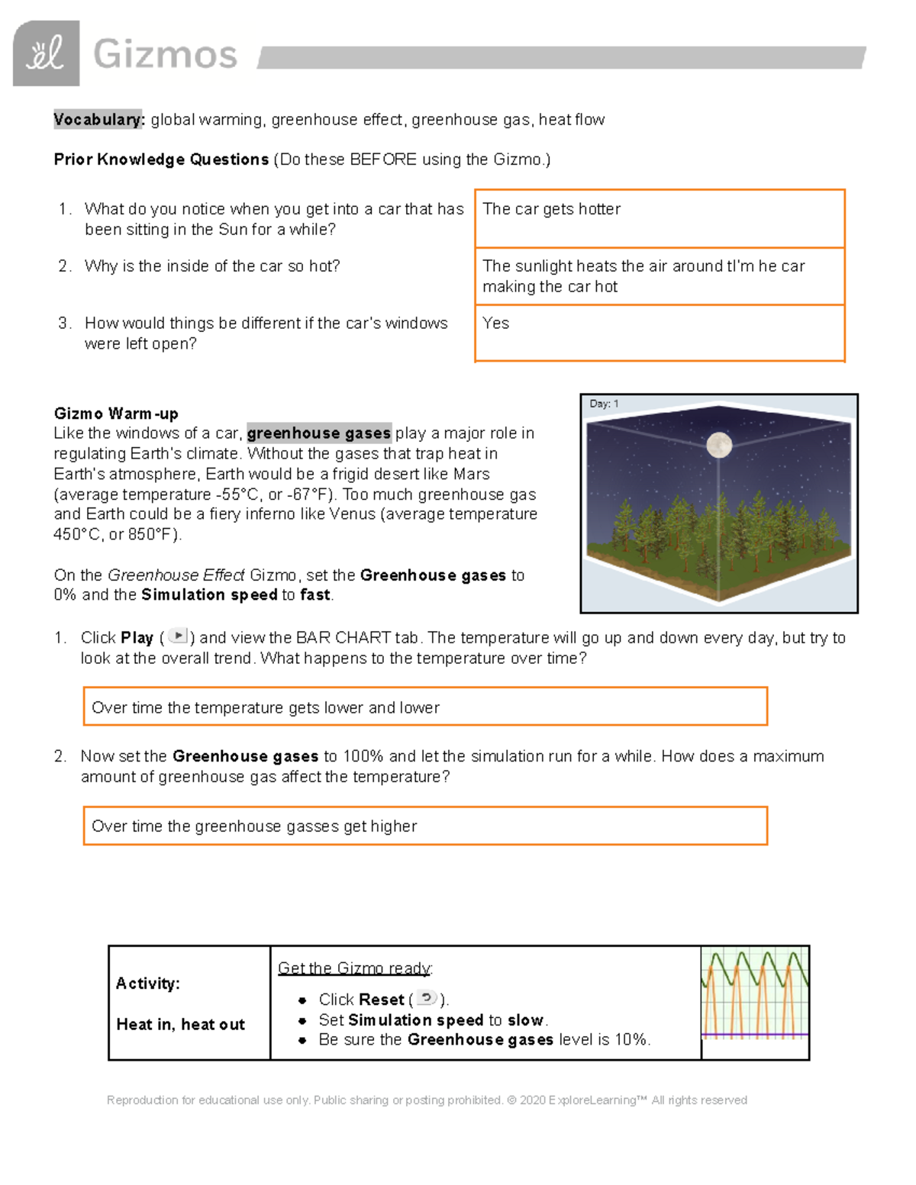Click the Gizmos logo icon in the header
click(46, 53)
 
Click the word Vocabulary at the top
click(98, 120)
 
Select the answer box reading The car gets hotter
click(659, 218)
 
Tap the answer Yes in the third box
click(496, 324)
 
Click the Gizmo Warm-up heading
click(116, 414)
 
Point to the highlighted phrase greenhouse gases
click(319, 433)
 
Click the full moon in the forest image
click(719, 444)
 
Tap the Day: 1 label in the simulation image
click(604, 404)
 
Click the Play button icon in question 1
click(177, 636)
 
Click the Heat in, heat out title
click(181, 1025)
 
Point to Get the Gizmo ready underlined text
click(355, 968)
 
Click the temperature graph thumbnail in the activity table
click(754, 993)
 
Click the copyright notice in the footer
click(427, 1100)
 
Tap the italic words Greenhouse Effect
click(176, 575)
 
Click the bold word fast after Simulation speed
click(315, 595)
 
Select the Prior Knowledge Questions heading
click(161, 159)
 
